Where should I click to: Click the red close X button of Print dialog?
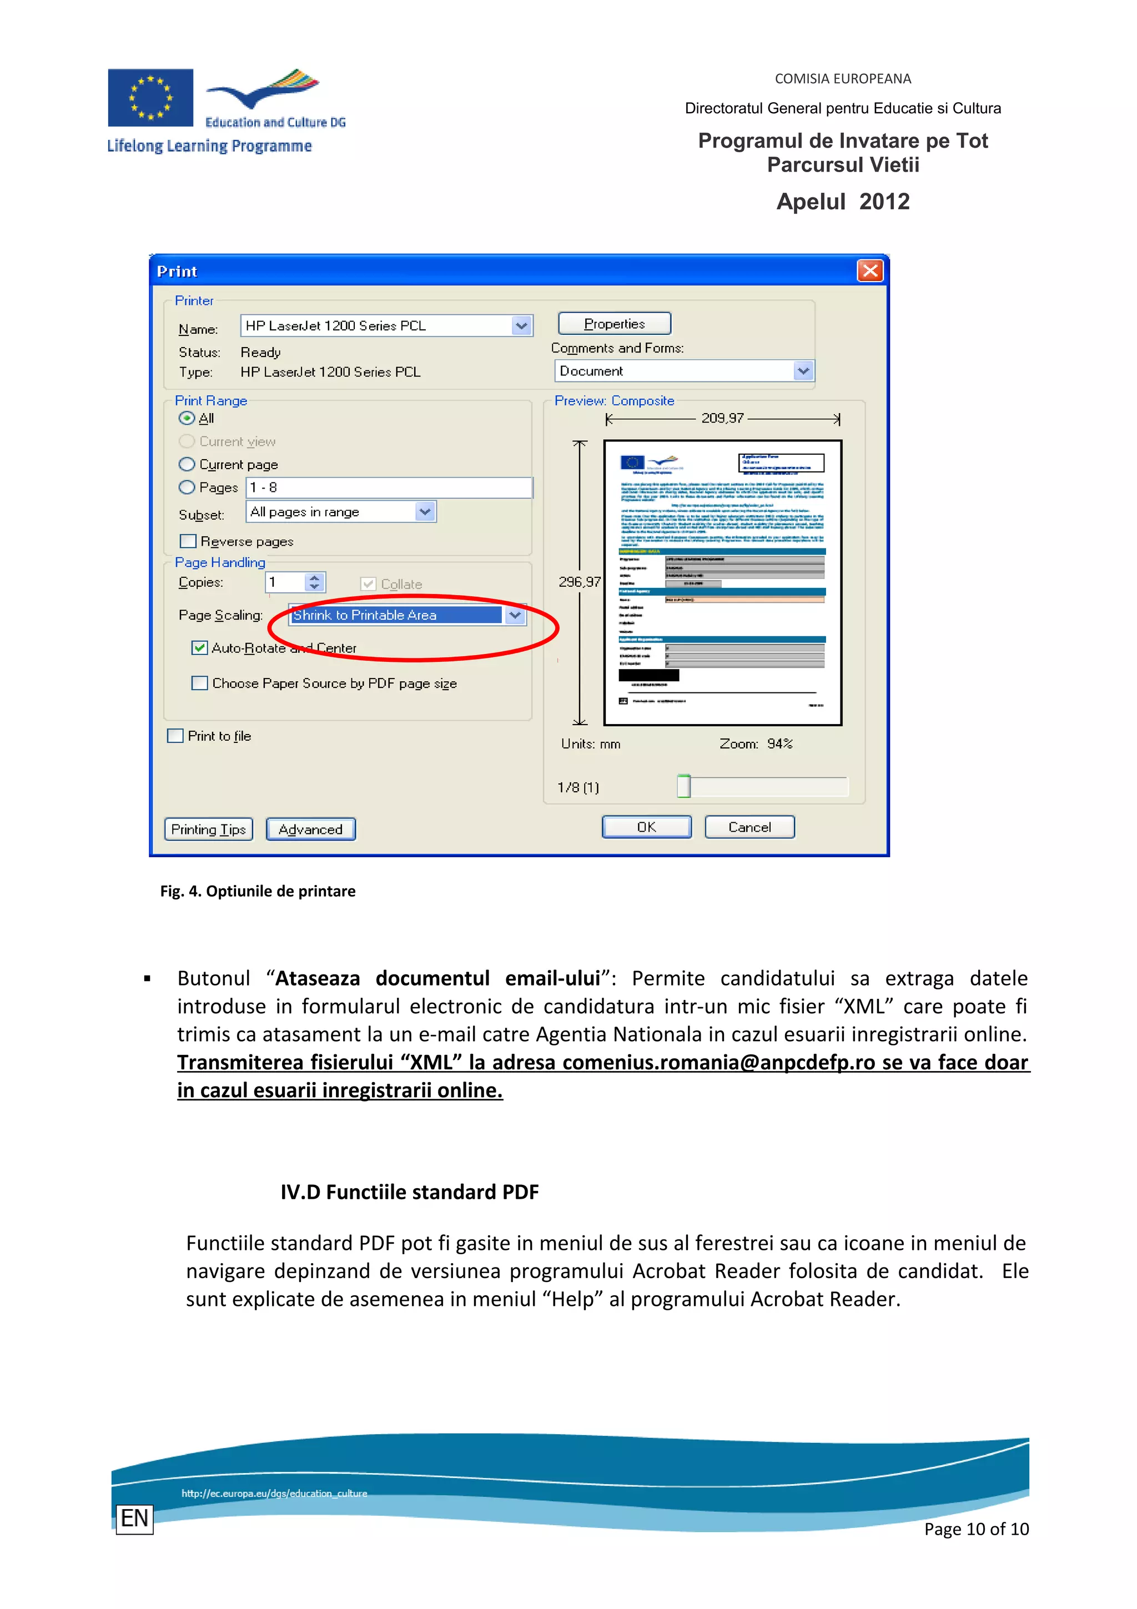pos(869,270)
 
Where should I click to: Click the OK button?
pos(646,827)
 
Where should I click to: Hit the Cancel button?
pos(749,827)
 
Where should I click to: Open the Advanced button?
pos(310,829)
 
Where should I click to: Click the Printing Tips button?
pos(208,829)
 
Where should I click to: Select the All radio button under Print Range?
pos(187,419)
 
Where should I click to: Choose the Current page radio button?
pos(187,465)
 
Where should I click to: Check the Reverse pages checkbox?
pos(188,541)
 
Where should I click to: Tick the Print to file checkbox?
pos(175,736)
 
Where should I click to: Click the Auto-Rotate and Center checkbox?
pos(200,647)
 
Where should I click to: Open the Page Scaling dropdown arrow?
pos(515,615)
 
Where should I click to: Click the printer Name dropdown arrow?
pos(521,325)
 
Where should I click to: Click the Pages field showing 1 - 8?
pos(389,487)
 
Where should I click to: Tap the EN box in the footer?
pos(134,1518)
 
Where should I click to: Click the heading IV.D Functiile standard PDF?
pos(409,1192)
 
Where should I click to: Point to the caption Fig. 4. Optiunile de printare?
pos(257,891)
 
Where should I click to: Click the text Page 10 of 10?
pos(976,1528)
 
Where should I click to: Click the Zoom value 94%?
pos(779,743)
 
